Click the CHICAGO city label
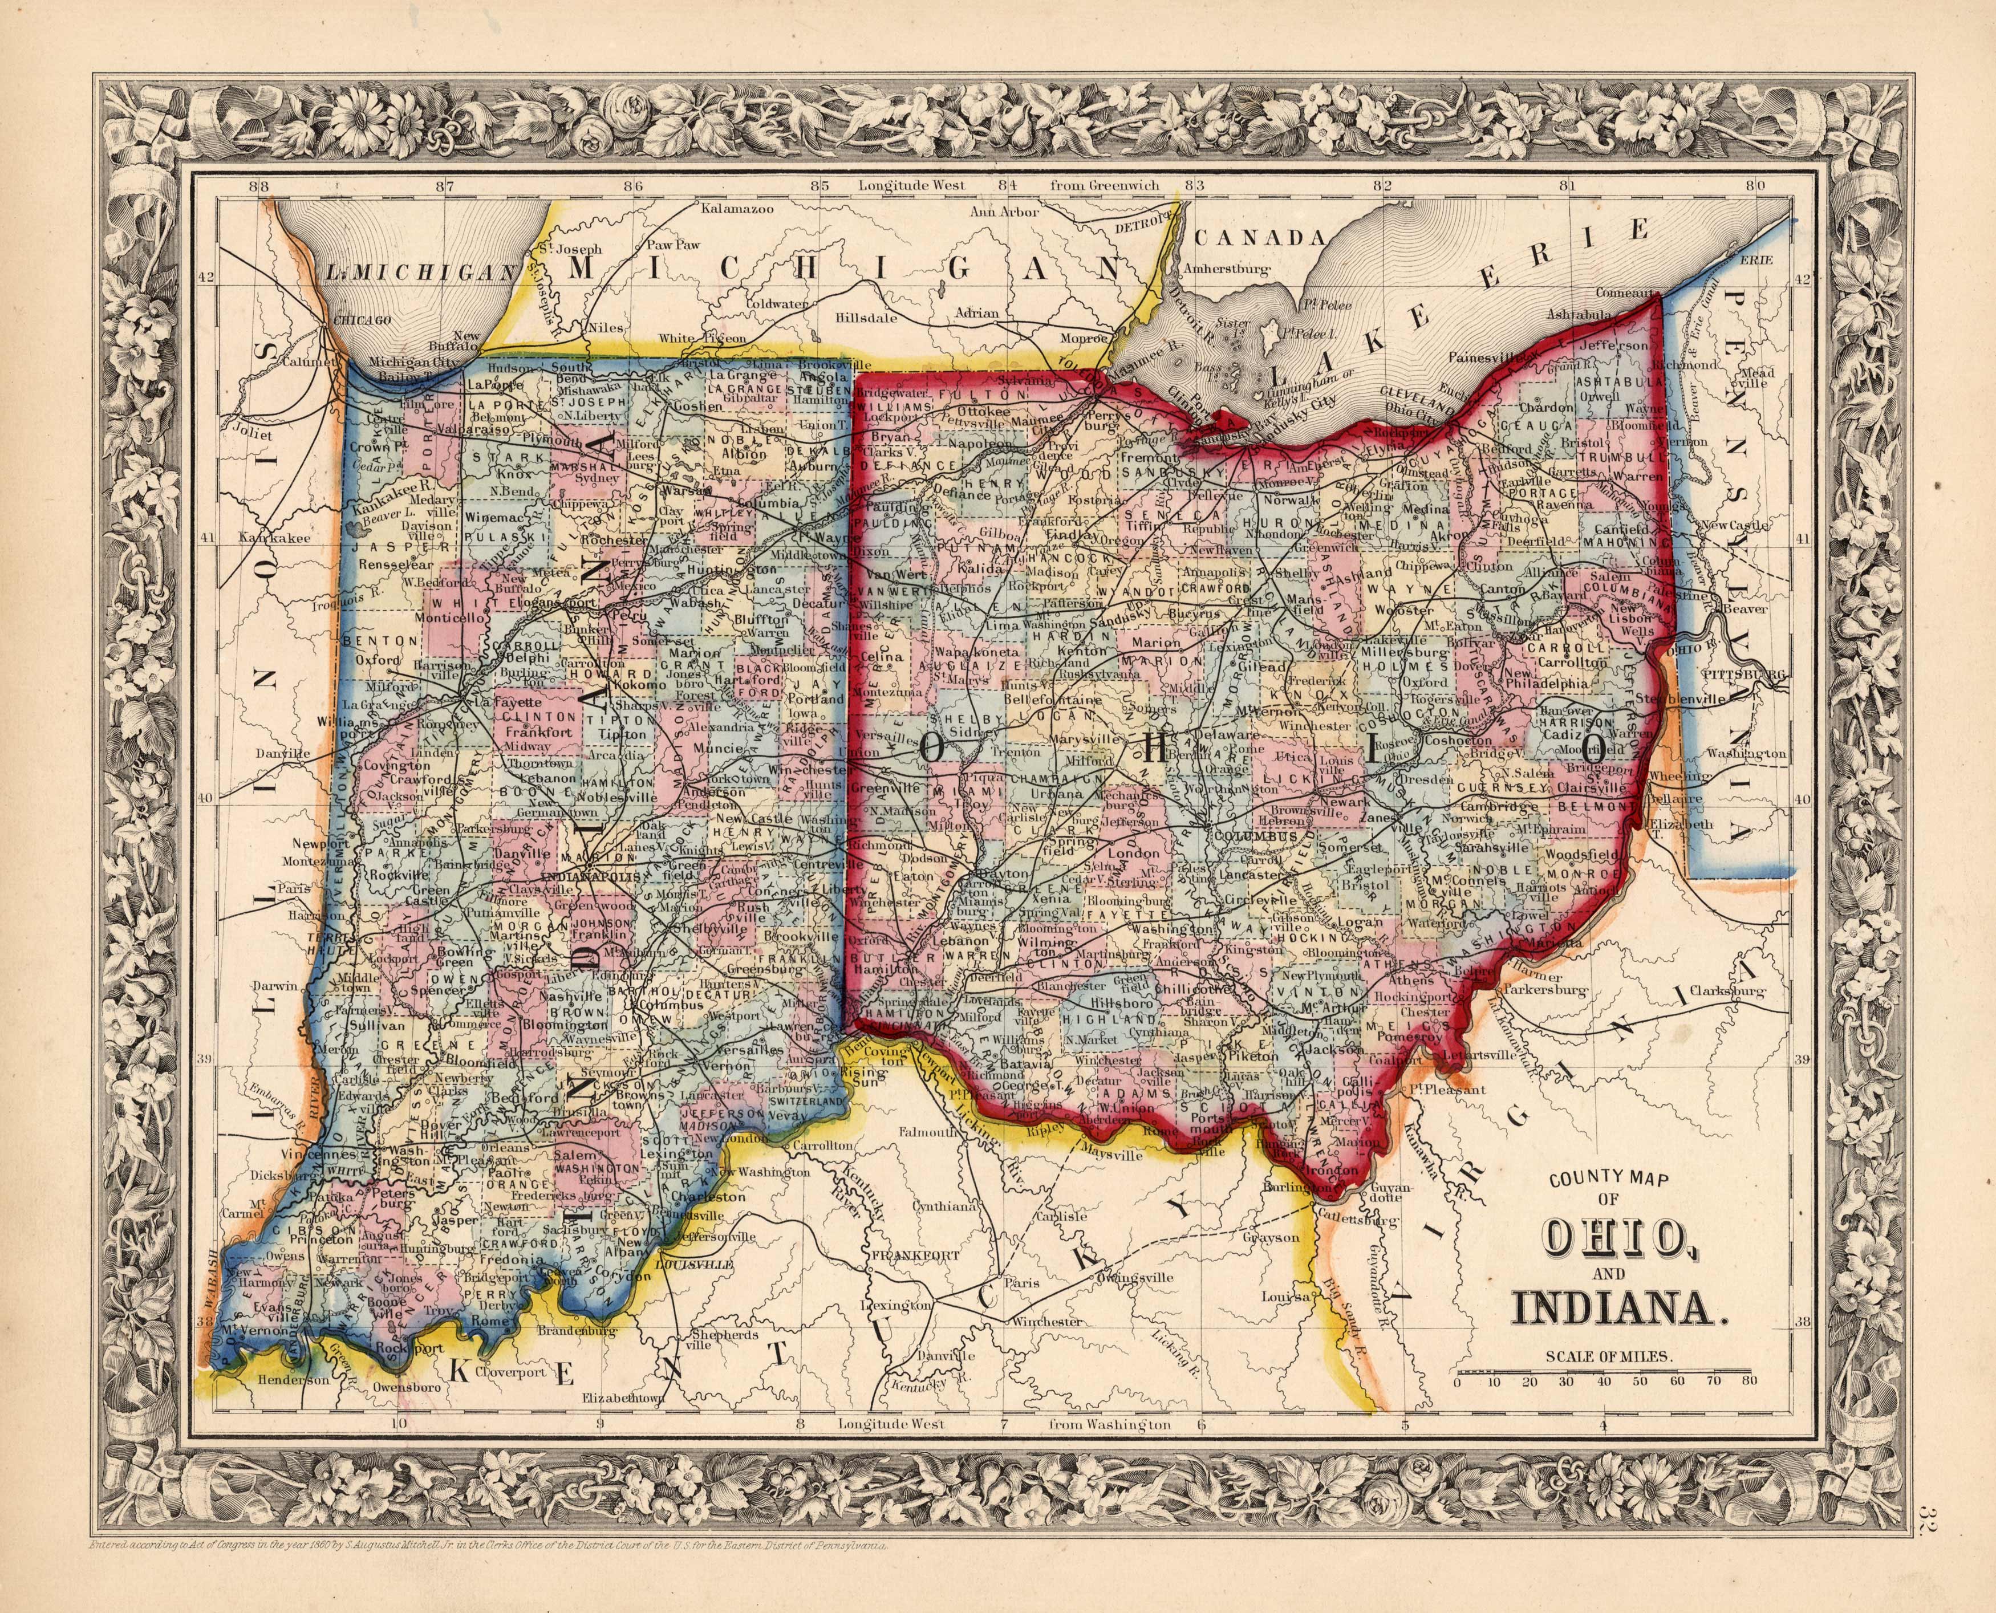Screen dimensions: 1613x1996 click(357, 320)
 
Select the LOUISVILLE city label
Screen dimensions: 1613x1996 click(694, 1266)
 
